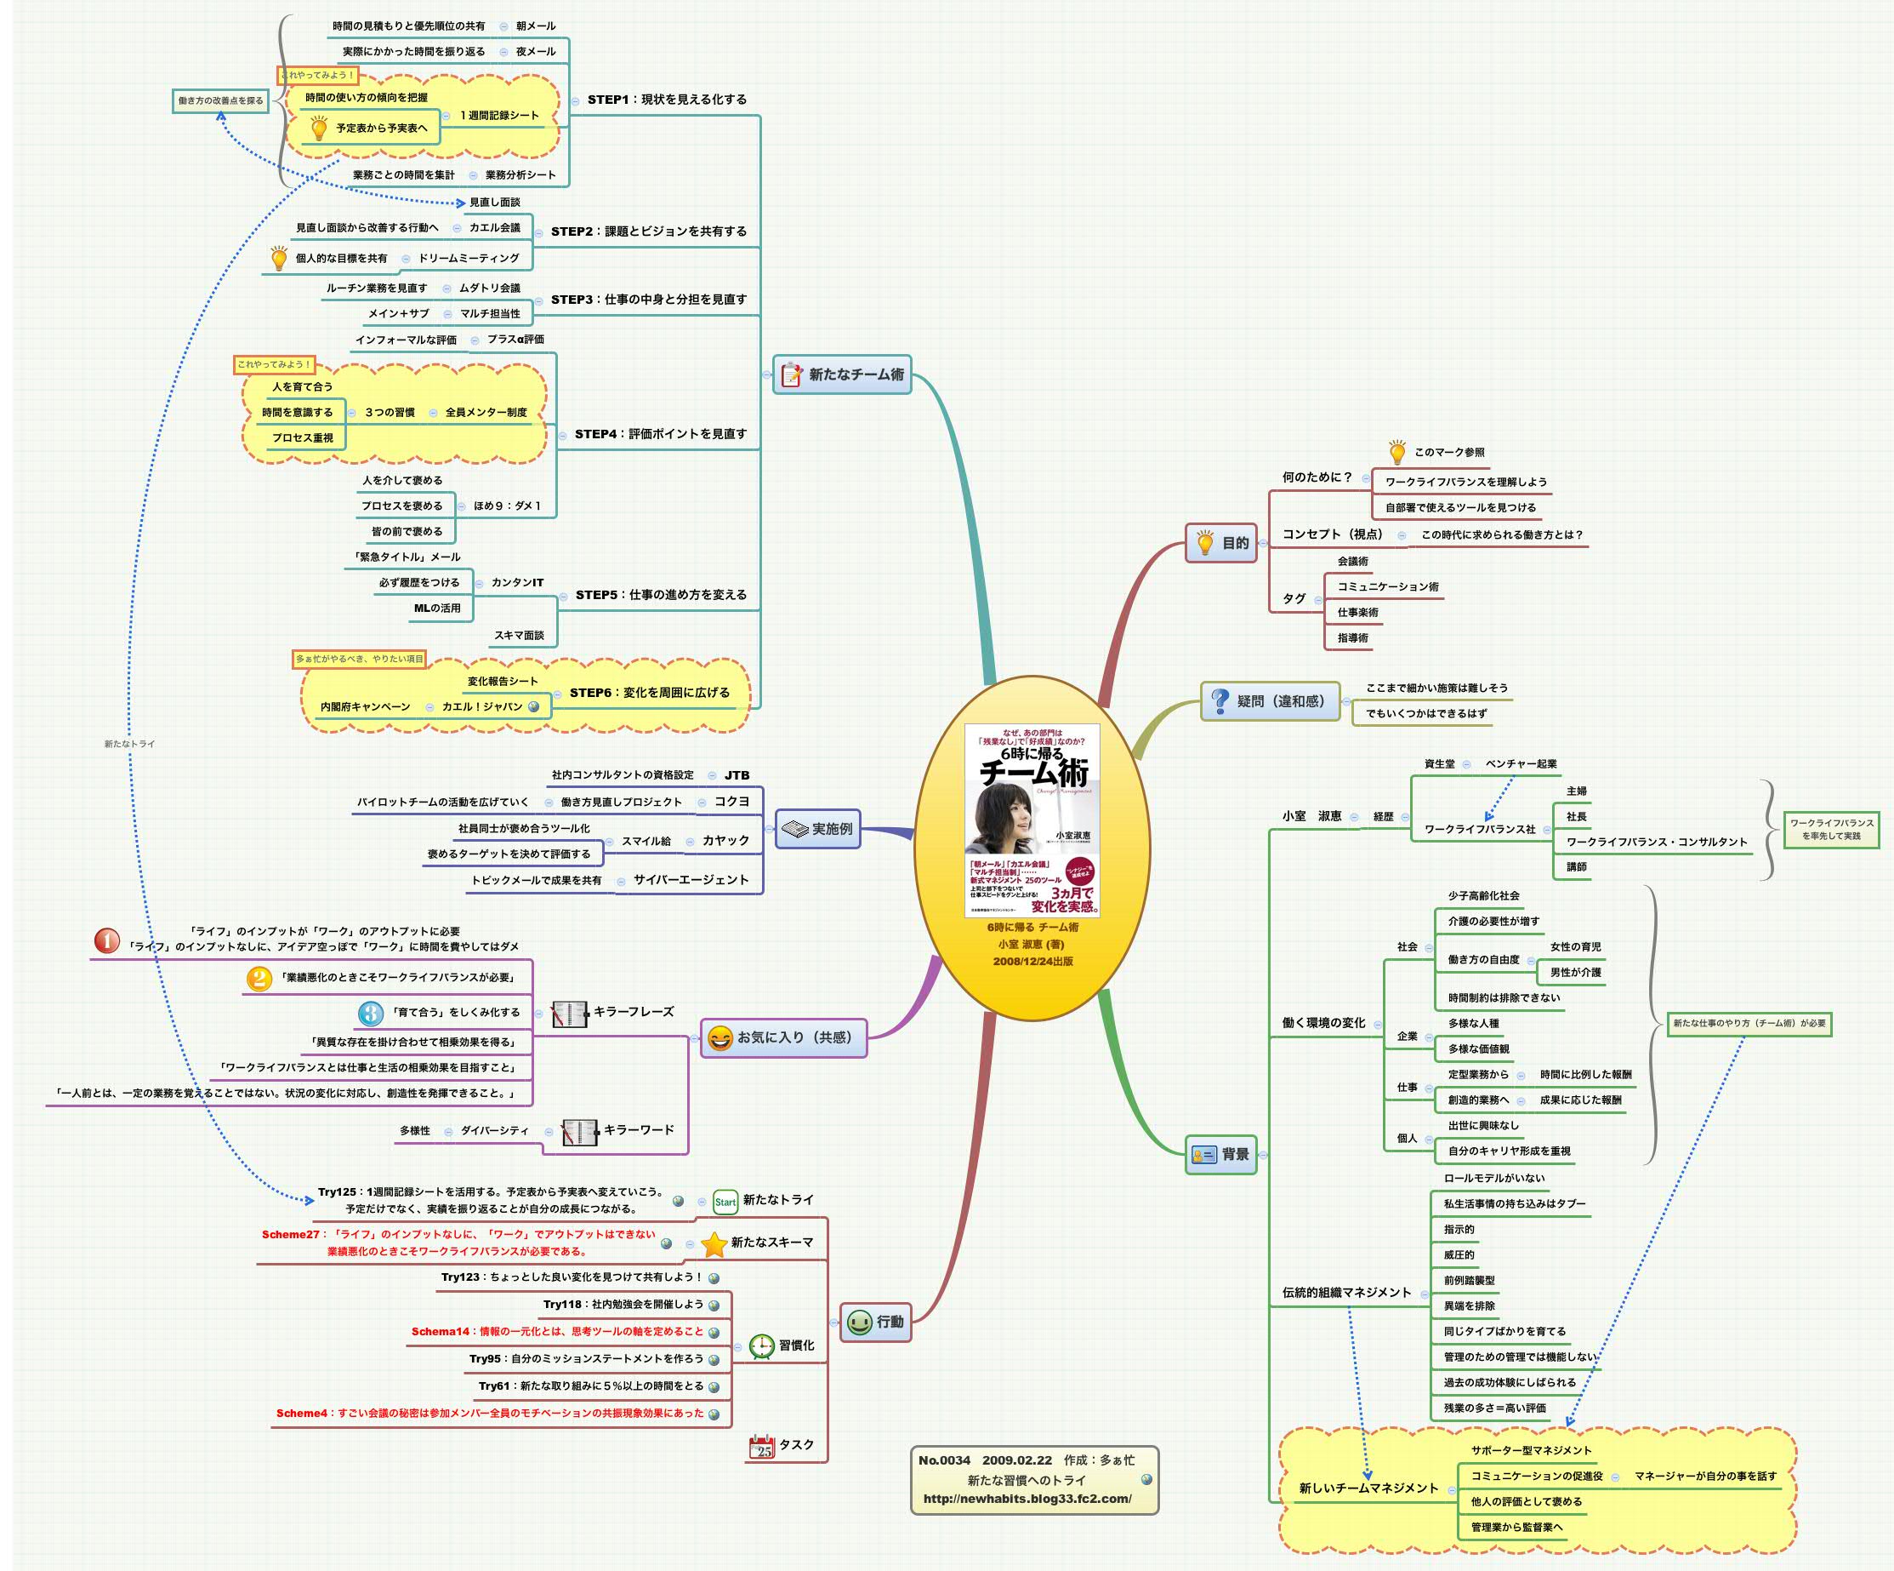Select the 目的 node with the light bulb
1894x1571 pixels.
[x=1221, y=543]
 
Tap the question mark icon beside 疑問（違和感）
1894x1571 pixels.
[x=1220, y=701]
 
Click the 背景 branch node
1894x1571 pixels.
[x=1221, y=1154]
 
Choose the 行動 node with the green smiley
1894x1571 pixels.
[x=876, y=1322]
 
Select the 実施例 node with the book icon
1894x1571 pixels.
[x=818, y=828]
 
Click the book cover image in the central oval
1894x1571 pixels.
[x=1032, y=820]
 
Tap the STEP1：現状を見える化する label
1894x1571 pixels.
[x=667, y=100]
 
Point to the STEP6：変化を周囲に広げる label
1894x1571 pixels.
[x=650, y=693]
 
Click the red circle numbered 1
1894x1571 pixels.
[x=106, y=941]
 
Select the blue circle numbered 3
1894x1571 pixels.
[x=370, y=1013]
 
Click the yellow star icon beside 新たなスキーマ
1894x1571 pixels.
[x=714, y=1244]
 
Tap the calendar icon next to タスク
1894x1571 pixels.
[x=762, y=1447]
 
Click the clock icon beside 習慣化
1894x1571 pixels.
[x=762, y=1346]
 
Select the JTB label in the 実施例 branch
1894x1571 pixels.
[x=737, y=775]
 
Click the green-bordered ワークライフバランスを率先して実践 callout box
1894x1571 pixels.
[x=1831, y=829]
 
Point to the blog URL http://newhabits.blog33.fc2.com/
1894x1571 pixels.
[x=1027, y=1499]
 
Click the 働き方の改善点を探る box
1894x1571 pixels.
[x=220, y=100]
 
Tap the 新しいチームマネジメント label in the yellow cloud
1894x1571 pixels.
[x=1368, y=1488]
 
